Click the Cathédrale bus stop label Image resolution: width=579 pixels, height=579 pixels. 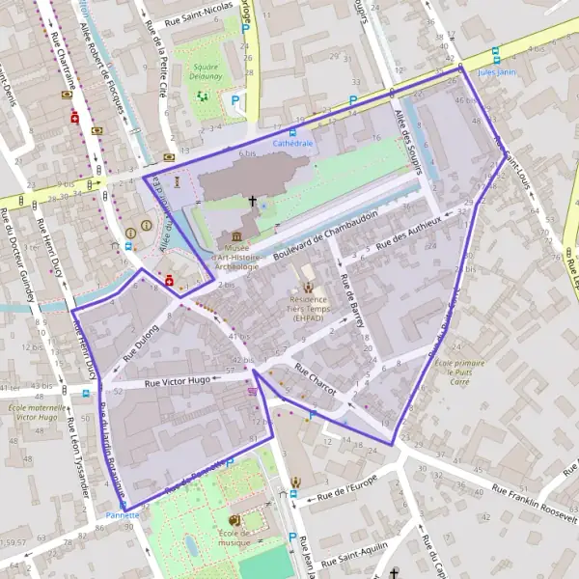(x=293, y=142)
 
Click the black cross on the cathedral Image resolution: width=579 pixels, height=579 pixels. (x=254, y=203)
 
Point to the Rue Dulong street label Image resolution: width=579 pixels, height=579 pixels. (x=139, y=341)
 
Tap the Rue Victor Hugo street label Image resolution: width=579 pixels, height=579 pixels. (x=177, y=382)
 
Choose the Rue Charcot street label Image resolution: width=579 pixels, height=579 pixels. (x=315, y=379)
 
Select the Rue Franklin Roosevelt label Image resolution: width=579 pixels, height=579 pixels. (x=534, y=503)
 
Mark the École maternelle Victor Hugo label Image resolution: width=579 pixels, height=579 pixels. (x=32, y=413)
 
